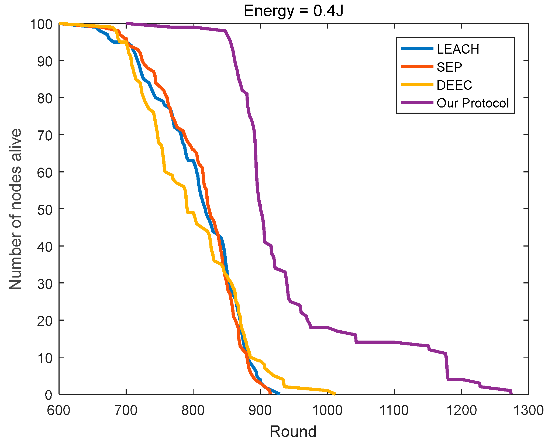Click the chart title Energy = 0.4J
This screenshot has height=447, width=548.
[293, 11]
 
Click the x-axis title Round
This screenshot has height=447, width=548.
[293, 432]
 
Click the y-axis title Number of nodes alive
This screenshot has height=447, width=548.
[15, 209]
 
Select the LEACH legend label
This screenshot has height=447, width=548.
[458, 49]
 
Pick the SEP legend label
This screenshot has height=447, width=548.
[449, 67]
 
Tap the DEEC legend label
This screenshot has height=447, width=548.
[454, 85]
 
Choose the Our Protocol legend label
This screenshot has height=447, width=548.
[473, 103]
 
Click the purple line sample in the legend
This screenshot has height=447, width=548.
[417, 103]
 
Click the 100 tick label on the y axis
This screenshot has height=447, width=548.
[41, 24]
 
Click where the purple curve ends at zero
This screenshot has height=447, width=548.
[511, 393]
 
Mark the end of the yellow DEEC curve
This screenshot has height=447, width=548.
[335, 394]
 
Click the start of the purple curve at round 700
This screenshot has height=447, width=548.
[127, 24]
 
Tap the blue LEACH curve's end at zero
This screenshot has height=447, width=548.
[279, 394]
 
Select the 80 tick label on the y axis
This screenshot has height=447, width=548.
[45, 98]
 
